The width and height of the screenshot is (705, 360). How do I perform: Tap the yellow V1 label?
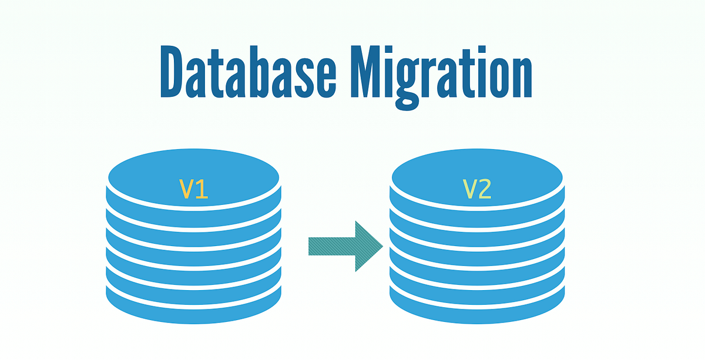point(193,189)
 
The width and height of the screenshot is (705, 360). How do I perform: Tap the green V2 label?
point(476,189)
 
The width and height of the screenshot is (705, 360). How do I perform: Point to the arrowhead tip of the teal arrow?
point(382,246)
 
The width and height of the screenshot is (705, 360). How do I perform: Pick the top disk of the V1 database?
point(193,176)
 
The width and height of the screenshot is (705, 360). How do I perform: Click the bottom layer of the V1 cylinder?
point(193,306)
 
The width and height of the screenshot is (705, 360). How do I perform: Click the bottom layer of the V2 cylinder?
point(476,306)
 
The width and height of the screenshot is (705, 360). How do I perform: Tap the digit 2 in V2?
point(485,189)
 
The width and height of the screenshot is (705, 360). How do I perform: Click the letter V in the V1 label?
point(186,189)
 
